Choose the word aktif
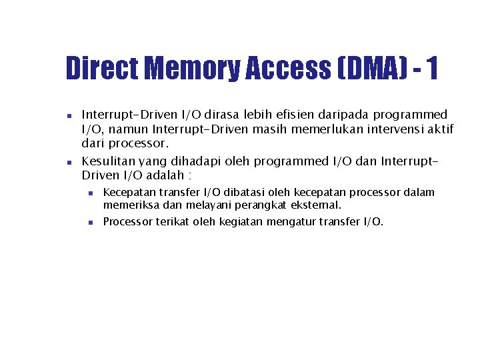[440, 129]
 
